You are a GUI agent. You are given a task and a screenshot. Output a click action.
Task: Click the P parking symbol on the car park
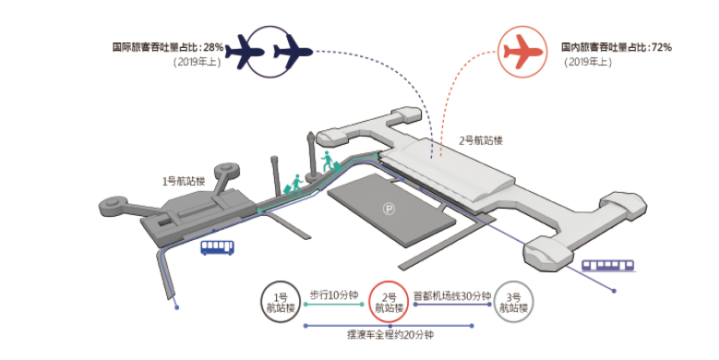tap(389, 210)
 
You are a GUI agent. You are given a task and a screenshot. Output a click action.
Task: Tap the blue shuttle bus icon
tap(218, 246)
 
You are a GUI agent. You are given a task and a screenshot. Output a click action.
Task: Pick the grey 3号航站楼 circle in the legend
tap(512, 302)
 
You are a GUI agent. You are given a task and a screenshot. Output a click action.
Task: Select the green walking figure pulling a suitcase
tap(295, 184)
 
